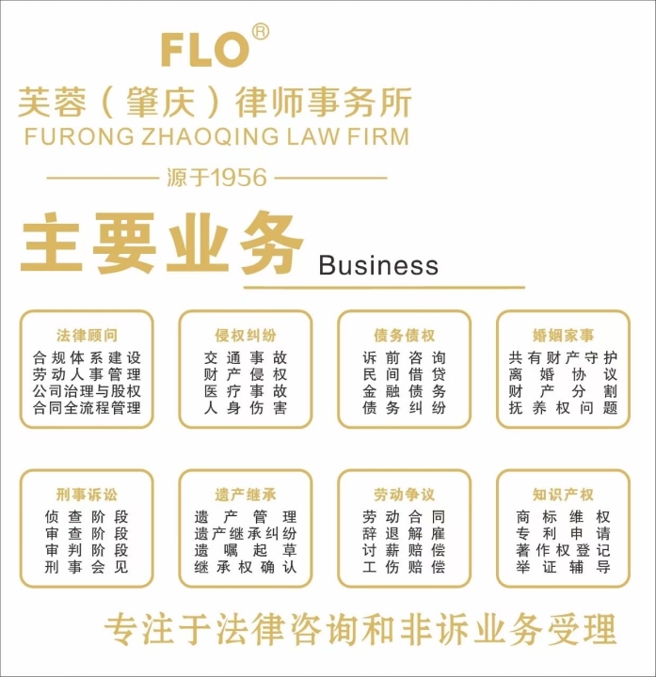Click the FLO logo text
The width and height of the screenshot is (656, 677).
coord(205,51)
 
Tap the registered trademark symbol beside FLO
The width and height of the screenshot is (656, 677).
coord(260,32)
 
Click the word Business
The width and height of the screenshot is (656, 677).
coord(378,264)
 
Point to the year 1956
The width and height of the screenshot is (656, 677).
coord(240,178)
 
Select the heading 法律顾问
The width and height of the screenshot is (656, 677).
coord(87,335)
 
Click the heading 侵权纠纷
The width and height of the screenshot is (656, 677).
coord(246,335)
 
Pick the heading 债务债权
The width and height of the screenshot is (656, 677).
coord(404,335)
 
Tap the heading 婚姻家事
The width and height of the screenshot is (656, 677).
coord(563,335)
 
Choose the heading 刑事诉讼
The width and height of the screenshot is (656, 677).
coord(87,495)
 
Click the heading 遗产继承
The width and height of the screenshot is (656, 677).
coord(246,495)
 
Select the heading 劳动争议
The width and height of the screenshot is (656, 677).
coord(404,495)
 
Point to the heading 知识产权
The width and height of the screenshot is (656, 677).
coord(563,495)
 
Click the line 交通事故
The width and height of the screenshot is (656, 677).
coord(246,357)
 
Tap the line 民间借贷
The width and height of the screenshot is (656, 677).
coord(404,374)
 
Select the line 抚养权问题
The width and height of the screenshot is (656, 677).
coord(563,407)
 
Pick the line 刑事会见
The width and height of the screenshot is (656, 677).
coord(87,566)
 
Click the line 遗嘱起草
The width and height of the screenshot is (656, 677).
coord(246,550)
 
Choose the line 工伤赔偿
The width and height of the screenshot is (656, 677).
coord(404,566)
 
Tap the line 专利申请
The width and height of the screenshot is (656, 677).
coord(563,534)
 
